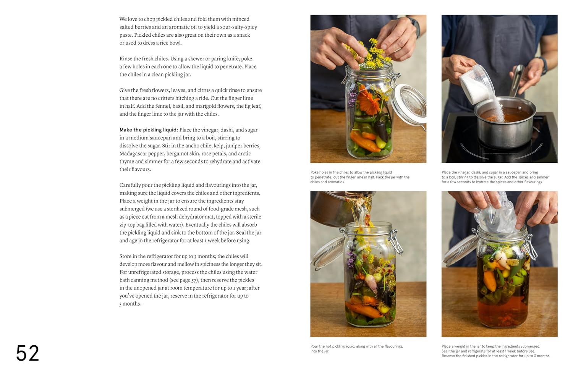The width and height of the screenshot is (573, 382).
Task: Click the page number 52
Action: [28, 353]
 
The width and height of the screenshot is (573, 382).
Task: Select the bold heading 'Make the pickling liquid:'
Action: [149, 130]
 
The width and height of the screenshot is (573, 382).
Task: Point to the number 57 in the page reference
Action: [194, 280]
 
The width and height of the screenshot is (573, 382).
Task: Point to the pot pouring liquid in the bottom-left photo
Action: [329, 208]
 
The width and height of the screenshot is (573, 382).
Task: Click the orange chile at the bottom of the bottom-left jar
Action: [363, 309]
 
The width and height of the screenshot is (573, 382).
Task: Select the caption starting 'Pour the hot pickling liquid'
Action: [356, 349]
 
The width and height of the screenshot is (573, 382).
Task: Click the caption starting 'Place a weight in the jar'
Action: [495, 351]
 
